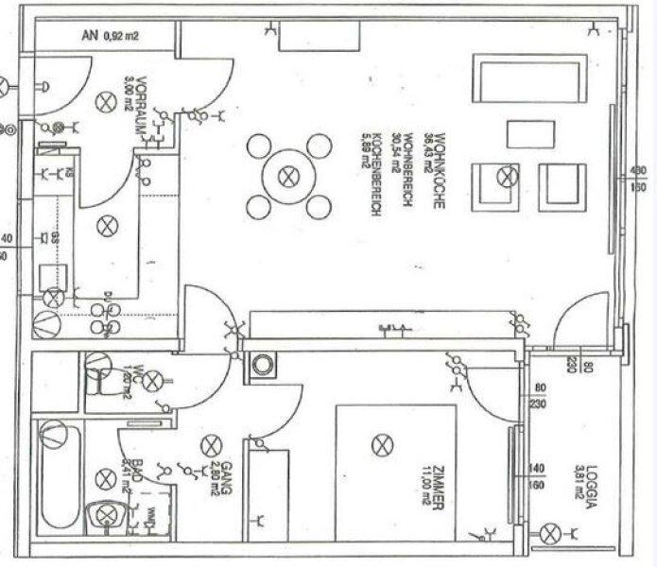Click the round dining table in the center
click(289, 176)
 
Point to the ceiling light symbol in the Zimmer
click(381, 444)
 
